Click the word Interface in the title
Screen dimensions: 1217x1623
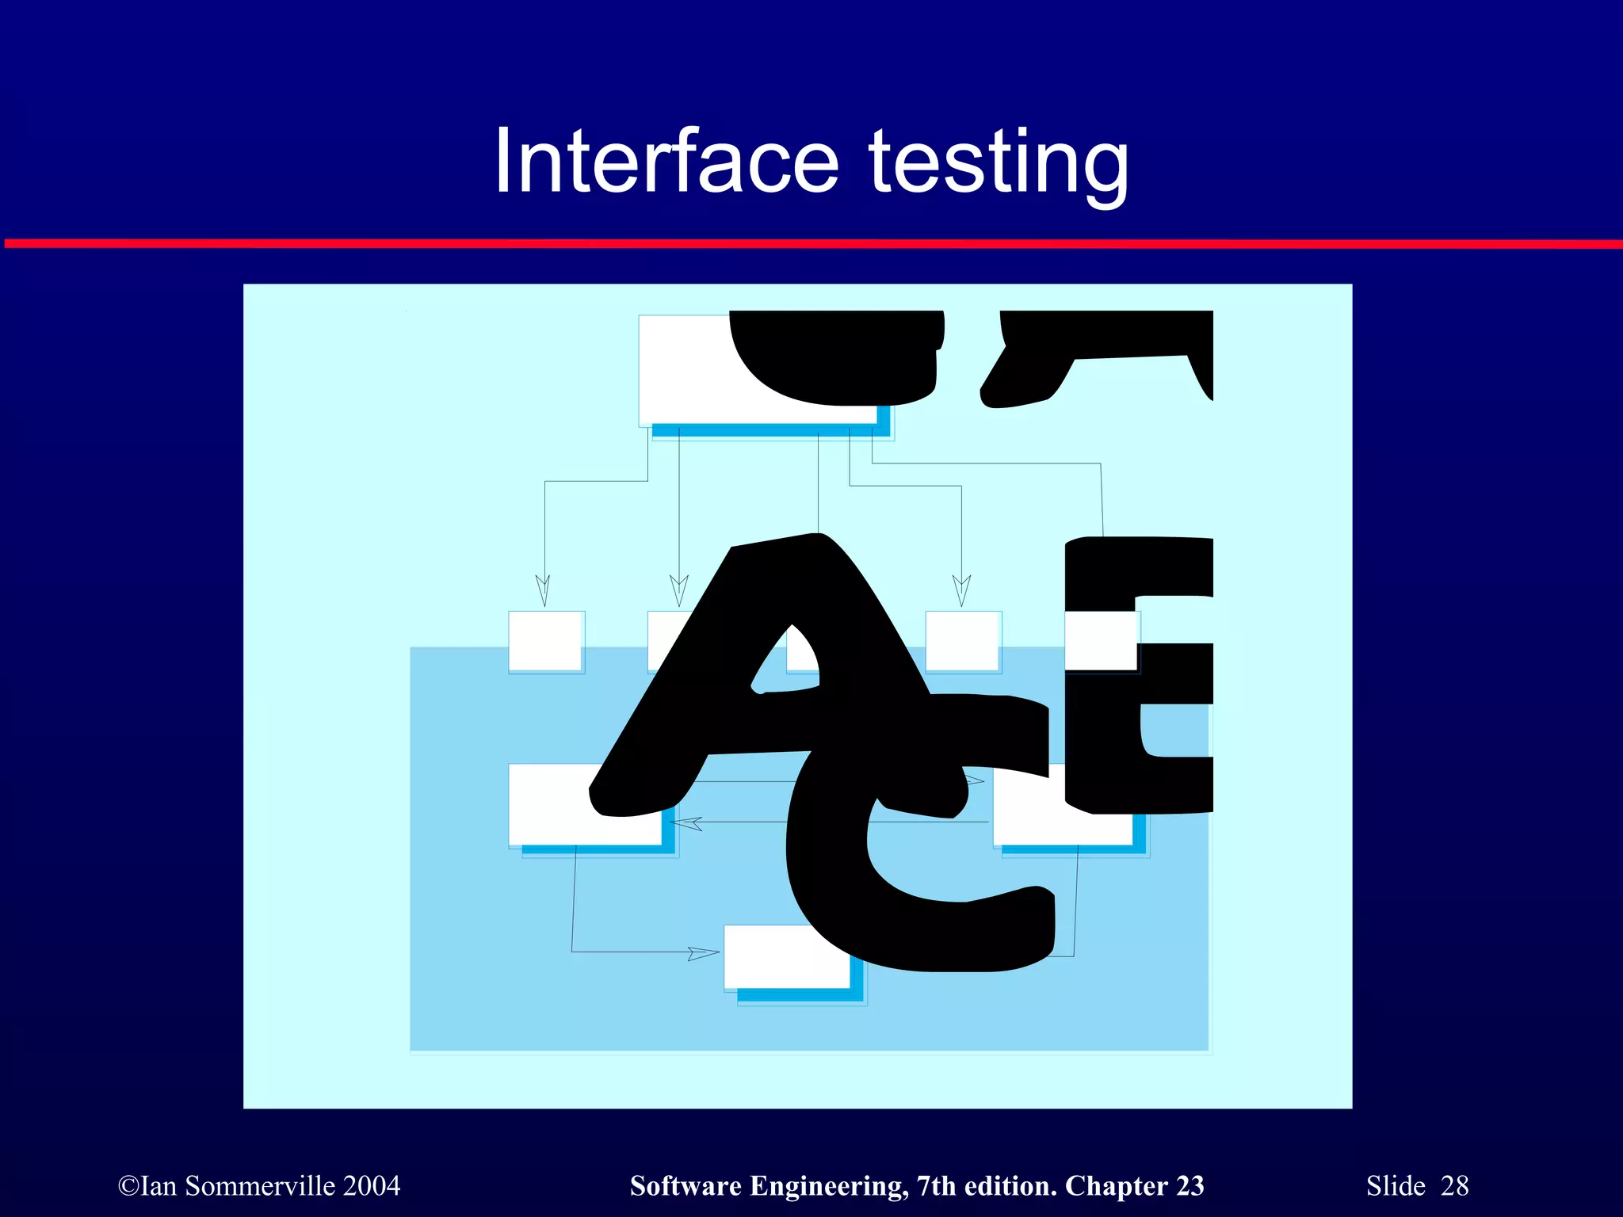[x=666, y=162]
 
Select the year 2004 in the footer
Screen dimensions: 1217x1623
[x=372, y=1186]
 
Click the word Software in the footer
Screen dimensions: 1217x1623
[x=686, y=1186]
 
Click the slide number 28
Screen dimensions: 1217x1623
[x=1454, y=1186]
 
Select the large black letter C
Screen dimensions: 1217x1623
[x=911, y=872]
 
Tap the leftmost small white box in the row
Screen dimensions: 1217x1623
[x=546, y=641]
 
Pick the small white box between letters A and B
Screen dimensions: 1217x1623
[x=963, y=641]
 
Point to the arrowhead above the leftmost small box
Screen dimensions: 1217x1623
[x=543, y=590]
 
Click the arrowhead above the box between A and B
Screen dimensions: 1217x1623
[x=961, y=590]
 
